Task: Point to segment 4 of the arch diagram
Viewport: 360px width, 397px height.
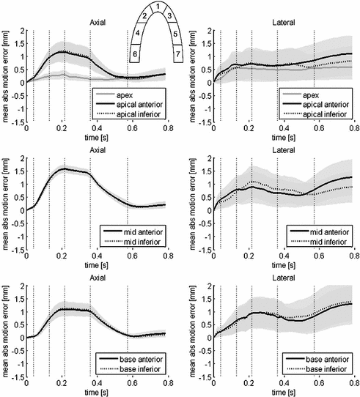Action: (x=137, y=34)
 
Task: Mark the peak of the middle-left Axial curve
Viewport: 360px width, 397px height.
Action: (x=64, y=168)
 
